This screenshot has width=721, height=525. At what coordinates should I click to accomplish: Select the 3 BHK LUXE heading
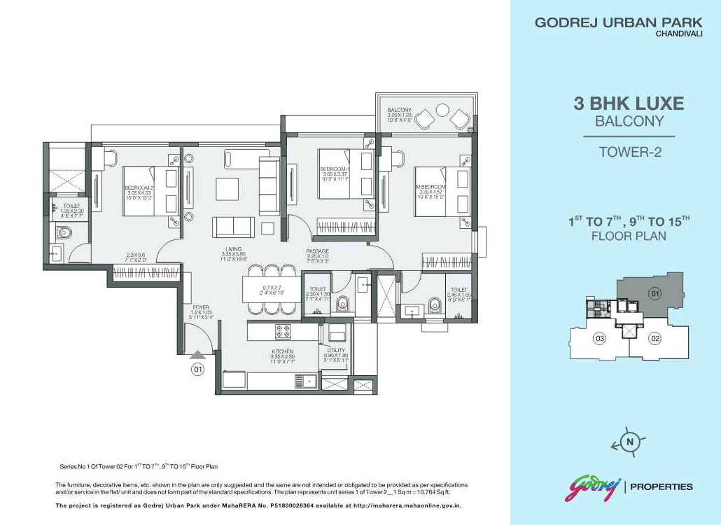[629, 104]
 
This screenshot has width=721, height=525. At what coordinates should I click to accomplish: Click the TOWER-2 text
[630, 151]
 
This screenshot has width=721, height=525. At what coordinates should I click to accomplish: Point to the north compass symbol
[629, 442]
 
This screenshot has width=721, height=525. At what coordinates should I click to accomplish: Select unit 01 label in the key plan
[655, 294]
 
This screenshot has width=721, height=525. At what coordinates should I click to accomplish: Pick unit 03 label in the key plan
[599, 339]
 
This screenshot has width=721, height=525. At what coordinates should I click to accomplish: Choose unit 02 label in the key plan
[655, 339]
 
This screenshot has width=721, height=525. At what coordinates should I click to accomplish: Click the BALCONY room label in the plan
[400, 110]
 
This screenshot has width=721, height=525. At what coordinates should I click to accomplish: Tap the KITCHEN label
[283, 351]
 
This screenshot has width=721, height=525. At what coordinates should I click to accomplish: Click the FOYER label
[202, 307]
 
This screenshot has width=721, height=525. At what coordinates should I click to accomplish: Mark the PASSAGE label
[317, 251]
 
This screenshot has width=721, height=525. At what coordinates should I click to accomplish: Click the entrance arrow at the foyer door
[198, 355]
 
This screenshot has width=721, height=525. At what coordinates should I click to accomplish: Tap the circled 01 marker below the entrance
[198, 370]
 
